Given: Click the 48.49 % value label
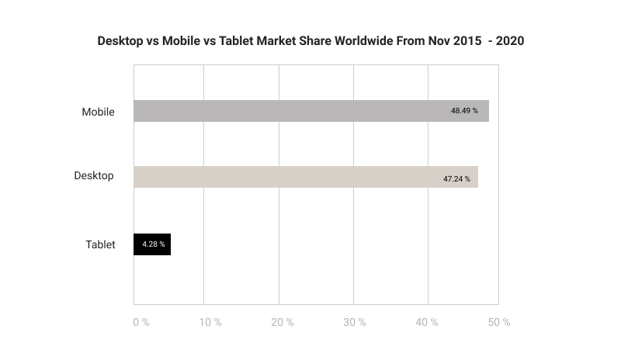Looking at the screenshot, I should pos(464,111).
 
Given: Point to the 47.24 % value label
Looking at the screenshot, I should pos(456,178).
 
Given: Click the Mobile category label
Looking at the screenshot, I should pos(99,112).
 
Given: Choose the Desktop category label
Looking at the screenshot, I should pos(94,175).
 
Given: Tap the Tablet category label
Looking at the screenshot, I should pos(100,244).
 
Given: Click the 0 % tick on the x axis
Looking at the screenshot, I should pos(141,322).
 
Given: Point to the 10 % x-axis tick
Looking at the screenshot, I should pos(210,322).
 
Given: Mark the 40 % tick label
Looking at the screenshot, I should pos(427,322).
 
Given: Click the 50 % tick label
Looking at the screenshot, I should pos(499,322).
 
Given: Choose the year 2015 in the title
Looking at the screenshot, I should pos(466,40).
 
